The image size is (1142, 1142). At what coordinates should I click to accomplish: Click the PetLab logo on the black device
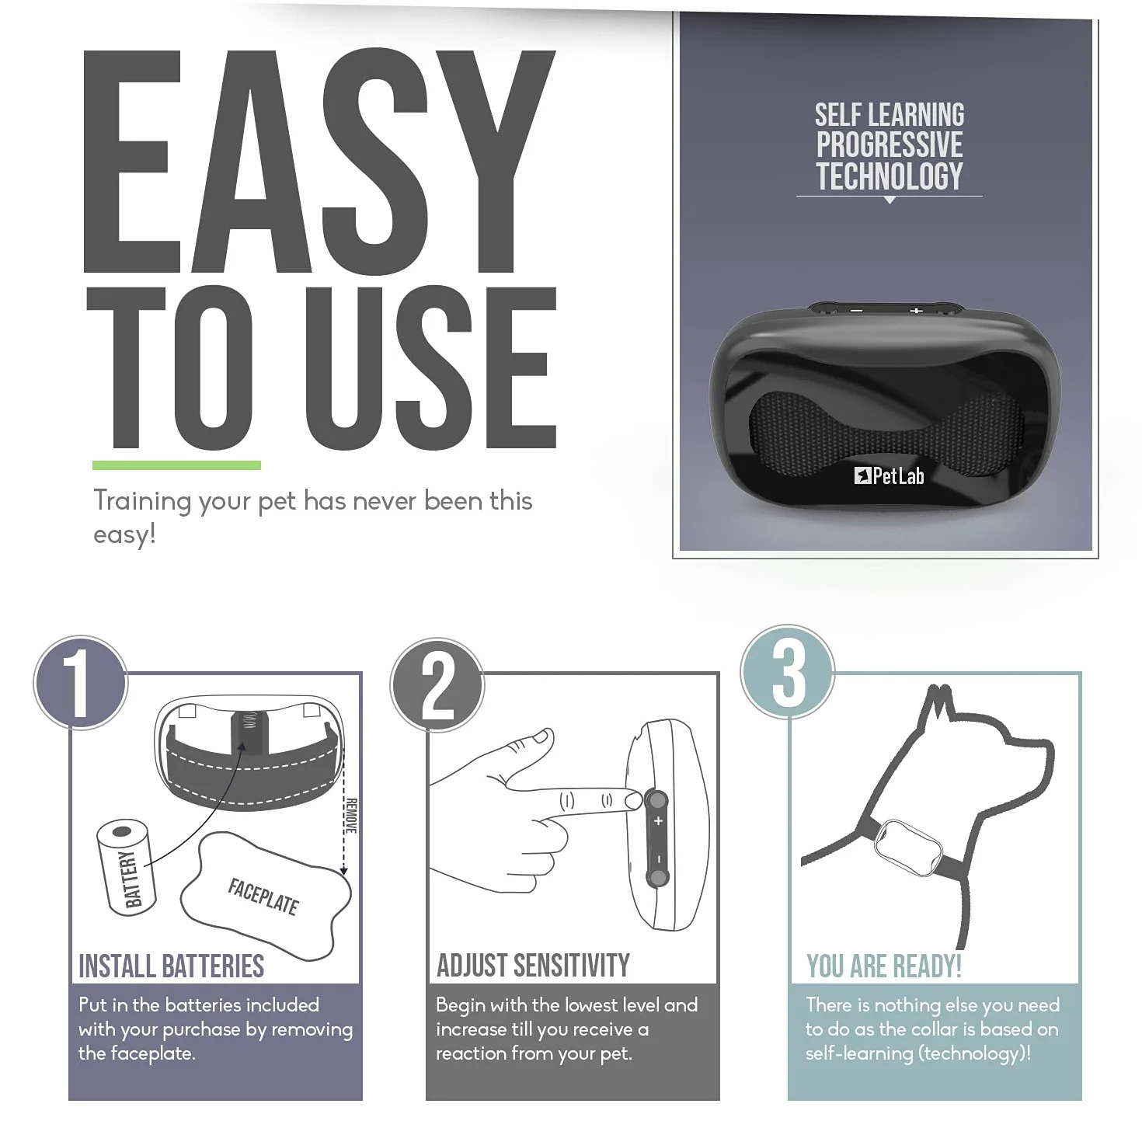pyautogui.click(x=889, y=476)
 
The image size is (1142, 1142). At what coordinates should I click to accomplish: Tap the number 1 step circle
pyautogui.click(x=81, y=683)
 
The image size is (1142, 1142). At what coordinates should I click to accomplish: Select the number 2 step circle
pyautogui.click(x=437, y=685)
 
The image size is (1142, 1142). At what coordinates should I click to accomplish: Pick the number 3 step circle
pyautogui.click(x=788, y=671)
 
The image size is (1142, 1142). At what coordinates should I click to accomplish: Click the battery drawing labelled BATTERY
pyautogui.click(x=126, y=867)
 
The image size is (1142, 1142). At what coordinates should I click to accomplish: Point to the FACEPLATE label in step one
pyautogui.click(x=263, y=897)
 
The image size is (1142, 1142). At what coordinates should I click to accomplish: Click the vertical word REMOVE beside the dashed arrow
pyautogui.click(x=351, y=816)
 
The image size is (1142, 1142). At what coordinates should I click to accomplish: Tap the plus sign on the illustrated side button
pyautogui.click(x=658, y=821)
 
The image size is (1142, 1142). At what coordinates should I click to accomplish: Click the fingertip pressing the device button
pyautogui.click(x=632, y=801)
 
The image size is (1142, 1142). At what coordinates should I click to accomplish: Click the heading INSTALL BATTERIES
pyautogui.click(x=171, y=966)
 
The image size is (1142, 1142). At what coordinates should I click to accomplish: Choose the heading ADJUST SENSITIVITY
pyautogui.click(x=533, y=966)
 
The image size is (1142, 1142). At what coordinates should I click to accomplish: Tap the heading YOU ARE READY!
pyautogui.click(x=883, y=966)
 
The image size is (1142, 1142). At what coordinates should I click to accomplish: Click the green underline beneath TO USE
pyautogui.click(x=176, y=465)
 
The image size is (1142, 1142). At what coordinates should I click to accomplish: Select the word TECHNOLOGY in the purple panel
pyautogui.click(x=889, y=176)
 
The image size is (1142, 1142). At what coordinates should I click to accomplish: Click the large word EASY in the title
pyautogui.click(x=319, y=161)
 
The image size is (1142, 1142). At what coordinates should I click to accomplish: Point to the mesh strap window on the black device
pyautogui.click(x=886, y=433)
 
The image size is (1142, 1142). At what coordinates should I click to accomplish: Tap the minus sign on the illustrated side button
pyautogui.click(x=658, y=858)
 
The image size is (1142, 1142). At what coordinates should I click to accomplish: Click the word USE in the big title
pyautogui.click(x=431, y=368)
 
